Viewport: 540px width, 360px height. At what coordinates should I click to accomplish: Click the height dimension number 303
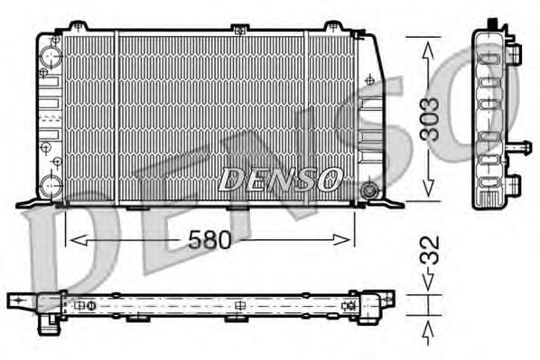(x=433, y=117)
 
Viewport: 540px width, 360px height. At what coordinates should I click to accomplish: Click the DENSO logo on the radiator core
(x=279, y=178)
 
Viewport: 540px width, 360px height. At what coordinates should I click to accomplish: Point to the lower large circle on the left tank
(x=51, y=187)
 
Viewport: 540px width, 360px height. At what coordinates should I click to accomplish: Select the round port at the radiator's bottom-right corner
(x=368, y=190)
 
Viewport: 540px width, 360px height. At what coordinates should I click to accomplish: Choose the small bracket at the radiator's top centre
(x=238, y=30)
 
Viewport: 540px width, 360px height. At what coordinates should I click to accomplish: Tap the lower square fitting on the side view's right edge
(x=516, y=184)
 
